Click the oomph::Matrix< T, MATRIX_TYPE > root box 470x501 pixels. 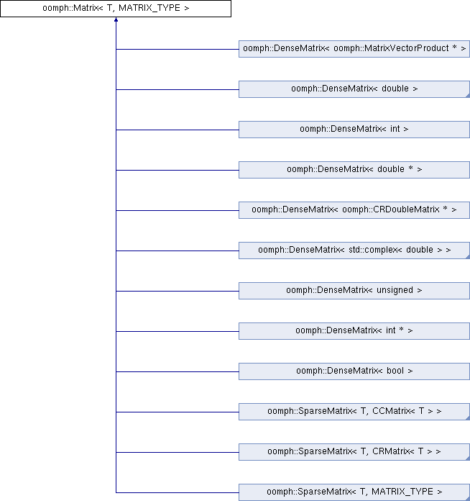[116, 9]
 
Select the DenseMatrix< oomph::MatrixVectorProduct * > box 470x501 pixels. [354, 49]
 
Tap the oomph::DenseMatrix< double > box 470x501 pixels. [354, 89]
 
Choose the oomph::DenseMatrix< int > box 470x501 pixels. [354, 130]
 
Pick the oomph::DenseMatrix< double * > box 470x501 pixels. [354, 170]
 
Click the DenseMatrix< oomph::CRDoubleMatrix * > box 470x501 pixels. [354, 210]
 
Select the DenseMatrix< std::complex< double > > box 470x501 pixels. [354, 250]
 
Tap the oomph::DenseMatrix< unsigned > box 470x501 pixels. [354, 290]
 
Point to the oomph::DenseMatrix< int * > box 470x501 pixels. [354, 330]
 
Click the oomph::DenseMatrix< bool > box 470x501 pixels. [354, 371]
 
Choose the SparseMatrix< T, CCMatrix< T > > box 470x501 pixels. [354, 411]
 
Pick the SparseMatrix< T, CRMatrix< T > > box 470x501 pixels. [354, 451]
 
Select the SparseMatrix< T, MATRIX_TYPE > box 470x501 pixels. [354, 492]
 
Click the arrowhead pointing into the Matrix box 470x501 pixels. [116, 20]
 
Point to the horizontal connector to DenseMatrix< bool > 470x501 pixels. [178, 371]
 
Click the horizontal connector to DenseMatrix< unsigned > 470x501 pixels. [178, 291]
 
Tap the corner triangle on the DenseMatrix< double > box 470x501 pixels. [468, 96]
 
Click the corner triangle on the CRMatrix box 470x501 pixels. [468, 458]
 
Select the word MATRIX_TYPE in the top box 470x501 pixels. [149, 8]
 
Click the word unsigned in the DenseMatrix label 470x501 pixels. [395, 290]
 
